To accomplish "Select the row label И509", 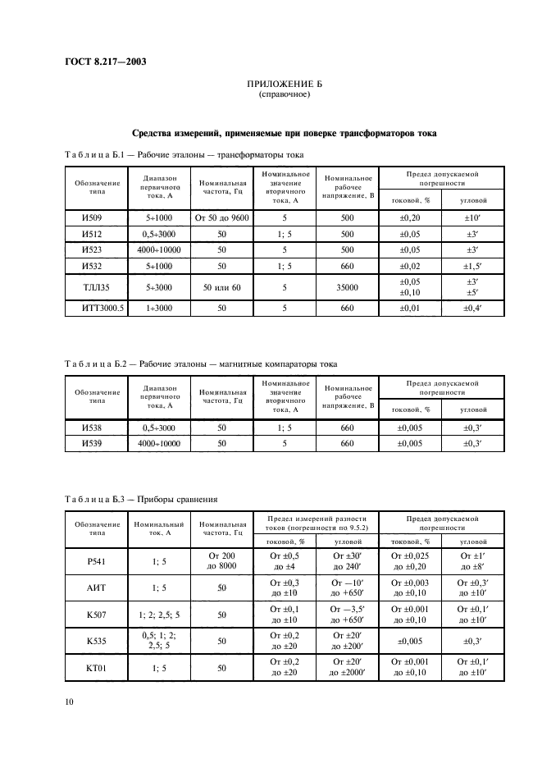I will coord(92,218).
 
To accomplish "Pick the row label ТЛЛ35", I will coord(92,288).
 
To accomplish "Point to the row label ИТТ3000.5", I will coord(92,309).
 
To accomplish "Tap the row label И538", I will coord(92,427).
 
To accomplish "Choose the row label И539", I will coord(92,443).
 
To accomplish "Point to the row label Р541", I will coord(92,560).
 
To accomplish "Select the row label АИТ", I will coord(92,587).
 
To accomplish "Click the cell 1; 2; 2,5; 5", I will coord(155,614).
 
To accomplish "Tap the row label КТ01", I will coord(92,668).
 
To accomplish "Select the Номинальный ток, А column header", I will coord(155,528).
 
